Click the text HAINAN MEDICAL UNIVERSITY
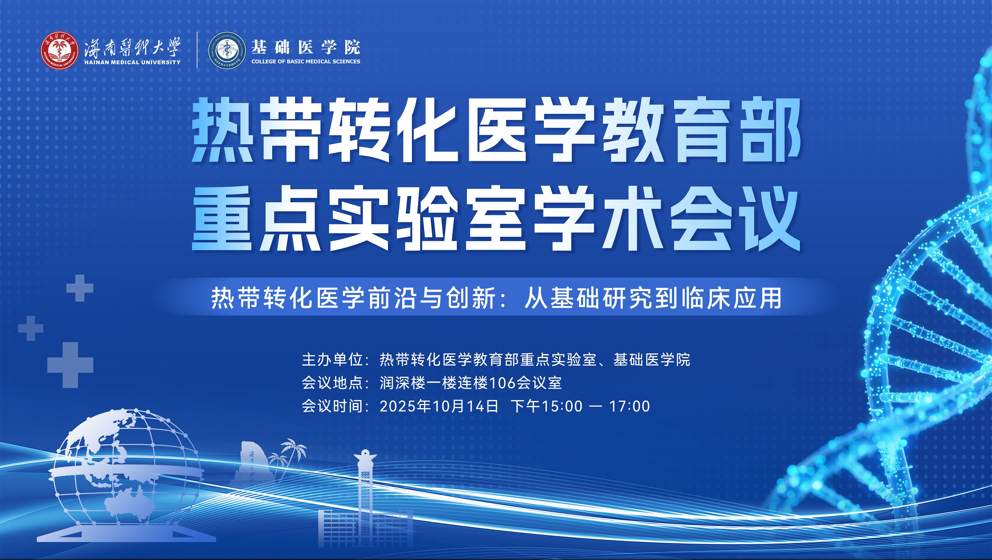[132, 62]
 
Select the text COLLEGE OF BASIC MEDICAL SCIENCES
[306, 61]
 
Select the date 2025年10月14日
[439, 406]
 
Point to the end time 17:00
[629, 406]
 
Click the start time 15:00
[563, 406]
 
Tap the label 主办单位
[332, 360]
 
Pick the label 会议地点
[332, 383]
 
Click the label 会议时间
[332, 406]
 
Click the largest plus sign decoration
[71, 365]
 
